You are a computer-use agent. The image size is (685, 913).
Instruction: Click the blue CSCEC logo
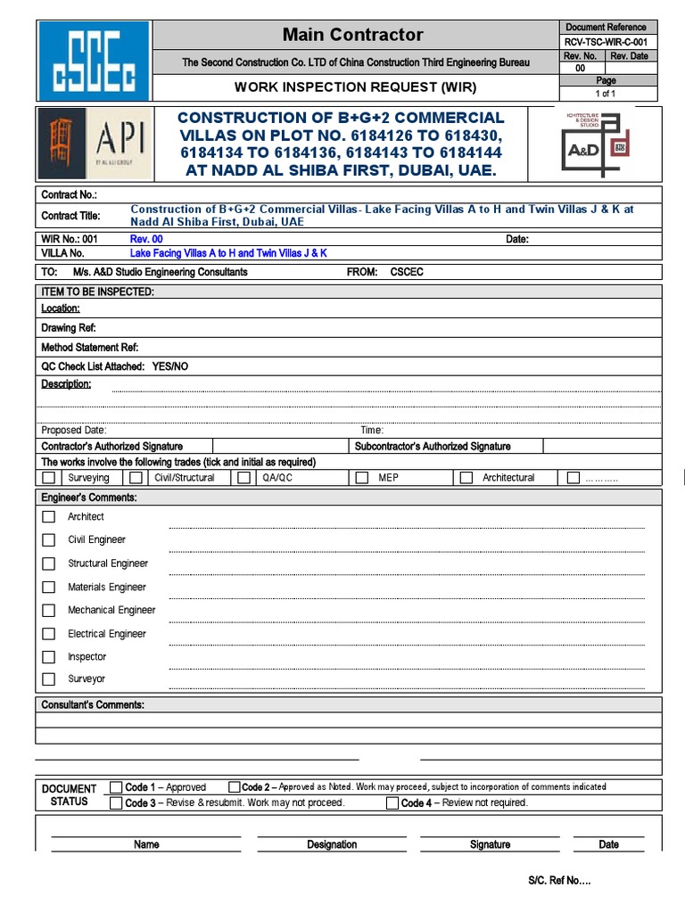point(94,60)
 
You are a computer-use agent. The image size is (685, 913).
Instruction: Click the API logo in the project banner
point(94,144)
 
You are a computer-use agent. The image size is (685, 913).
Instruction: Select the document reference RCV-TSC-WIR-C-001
point(606,42)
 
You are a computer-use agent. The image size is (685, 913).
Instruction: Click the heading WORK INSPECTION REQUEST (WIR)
point(355,87)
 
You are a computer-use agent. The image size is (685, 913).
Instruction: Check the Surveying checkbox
point(49,478)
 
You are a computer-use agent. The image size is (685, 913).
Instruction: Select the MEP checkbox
point(361,478)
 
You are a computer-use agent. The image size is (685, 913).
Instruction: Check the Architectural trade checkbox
point(466,478)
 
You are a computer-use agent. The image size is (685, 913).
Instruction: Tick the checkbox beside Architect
point(49,516)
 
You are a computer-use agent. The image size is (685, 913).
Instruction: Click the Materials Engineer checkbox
point(49,587)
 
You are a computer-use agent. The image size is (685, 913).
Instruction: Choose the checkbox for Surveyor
point(49,679)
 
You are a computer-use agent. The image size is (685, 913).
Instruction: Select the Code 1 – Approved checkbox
point(116,787)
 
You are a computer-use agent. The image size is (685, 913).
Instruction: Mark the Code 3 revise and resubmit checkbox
point(116,802)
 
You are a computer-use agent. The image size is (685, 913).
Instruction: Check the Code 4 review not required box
point(392,803)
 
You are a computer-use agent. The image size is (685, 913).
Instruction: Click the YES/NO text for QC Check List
point(170,366)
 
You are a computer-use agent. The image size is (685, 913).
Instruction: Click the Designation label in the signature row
point(332,844)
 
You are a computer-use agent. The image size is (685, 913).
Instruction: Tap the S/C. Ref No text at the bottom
point(558,881)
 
